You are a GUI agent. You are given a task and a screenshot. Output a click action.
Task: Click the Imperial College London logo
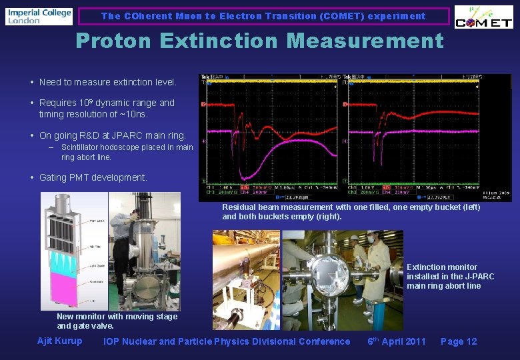(39, 16)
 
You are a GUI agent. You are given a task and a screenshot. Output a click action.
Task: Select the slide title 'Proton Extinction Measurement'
(259, 41)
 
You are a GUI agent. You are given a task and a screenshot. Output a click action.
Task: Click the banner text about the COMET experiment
(263, 16)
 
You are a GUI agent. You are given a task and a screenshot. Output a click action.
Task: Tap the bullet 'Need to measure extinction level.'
(107, 83)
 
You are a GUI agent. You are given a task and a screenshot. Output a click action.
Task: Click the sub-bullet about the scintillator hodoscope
(127, 152)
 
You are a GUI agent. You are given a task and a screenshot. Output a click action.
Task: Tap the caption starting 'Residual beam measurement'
(351, 212)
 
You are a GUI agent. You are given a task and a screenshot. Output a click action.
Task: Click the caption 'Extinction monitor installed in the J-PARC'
(451, 277)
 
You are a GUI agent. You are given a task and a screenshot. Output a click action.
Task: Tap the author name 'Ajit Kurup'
(60, 341)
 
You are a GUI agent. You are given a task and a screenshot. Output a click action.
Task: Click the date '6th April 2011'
(397, 341)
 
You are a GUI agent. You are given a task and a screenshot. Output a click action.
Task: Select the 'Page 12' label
(459, 341)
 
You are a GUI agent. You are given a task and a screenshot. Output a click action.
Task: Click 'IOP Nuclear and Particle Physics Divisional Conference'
(227, 341)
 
